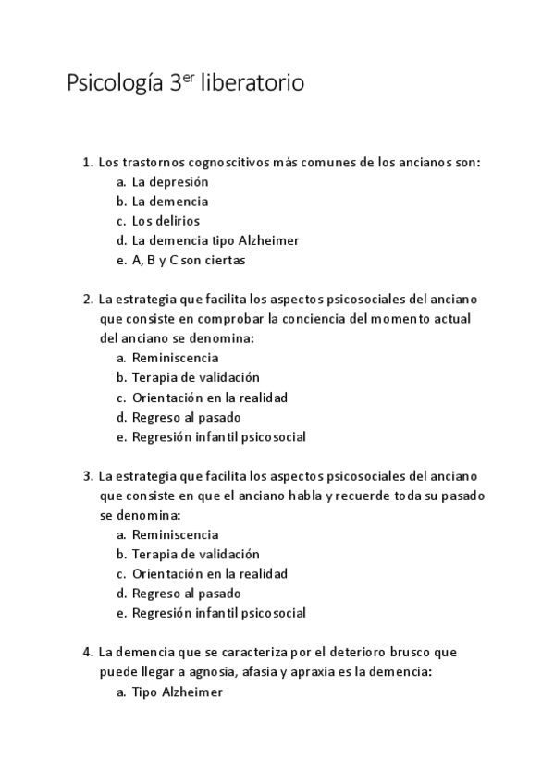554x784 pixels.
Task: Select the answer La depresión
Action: tap(170, 181)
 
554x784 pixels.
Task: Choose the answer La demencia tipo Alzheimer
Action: tap(215, 240)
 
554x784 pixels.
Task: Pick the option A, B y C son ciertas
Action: tap(189, 260)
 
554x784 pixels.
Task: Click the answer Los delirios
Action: tap(166, 221)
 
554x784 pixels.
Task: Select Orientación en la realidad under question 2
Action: tap(210, 398)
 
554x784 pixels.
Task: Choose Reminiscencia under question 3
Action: tap(176, 534)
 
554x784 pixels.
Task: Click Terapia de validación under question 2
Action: tap(196, 377)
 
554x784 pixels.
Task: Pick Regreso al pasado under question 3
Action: tap(186, 593)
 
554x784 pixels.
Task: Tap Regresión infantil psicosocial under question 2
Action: tap(218, 436)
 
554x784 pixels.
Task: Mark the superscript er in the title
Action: tap(189, 76)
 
